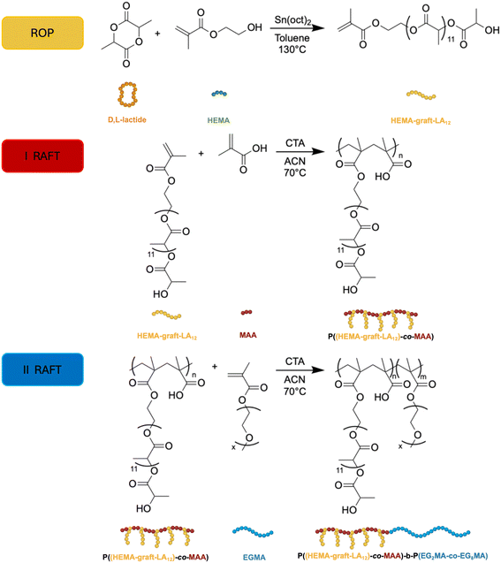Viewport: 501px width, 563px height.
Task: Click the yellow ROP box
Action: (x=42, y=33)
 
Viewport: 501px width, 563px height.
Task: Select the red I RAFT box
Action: (x=42, y=156)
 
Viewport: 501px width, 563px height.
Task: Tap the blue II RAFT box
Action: (x=42, y=369)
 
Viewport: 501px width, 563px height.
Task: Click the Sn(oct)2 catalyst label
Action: (x=292, y=20)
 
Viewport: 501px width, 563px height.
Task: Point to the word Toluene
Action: (x=292, y=38)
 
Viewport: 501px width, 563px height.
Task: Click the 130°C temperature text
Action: (x=292, y=49)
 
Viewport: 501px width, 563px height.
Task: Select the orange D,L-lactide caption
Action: (x=127, y=119)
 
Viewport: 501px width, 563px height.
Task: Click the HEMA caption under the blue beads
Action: (x=218, y=120)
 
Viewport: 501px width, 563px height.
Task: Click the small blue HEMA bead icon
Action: (x=219, y=94)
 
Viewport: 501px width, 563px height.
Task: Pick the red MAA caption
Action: (x=248, y=335)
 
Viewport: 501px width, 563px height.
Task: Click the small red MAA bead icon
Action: (x=247, y=312)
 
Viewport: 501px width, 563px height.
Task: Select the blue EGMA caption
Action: (x=254, y=557)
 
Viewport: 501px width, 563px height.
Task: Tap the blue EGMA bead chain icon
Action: (x=253, y=531)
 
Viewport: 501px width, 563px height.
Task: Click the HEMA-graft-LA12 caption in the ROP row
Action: (x=421, y=121)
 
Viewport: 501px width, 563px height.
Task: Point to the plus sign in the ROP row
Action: (x=157, y=34)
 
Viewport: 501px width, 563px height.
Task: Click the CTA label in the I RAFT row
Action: (x=295, y=143)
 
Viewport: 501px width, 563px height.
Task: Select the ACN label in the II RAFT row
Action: (x=295, y=379)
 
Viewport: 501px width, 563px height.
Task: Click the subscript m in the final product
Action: (x=423, y=377)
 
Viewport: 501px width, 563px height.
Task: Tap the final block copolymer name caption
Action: (x=392, y=556)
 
